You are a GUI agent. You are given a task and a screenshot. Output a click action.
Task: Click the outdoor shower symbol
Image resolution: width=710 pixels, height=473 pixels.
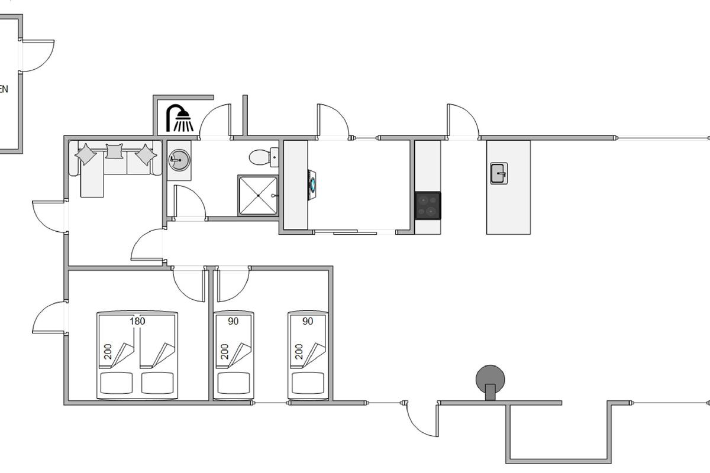tap(180, 118)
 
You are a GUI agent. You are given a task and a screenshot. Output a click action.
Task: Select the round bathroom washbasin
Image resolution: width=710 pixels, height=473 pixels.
tap(178, 159)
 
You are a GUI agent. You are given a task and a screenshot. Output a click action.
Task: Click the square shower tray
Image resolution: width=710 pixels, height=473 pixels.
tap(258, 195)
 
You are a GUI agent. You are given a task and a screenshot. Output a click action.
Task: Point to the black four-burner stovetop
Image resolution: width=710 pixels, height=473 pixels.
tap(428, 205)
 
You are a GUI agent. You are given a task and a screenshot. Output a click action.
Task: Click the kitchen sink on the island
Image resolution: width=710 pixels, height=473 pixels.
tap(499, 173)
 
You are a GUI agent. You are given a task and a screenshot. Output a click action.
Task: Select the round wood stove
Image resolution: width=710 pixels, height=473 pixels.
tap(490, 379)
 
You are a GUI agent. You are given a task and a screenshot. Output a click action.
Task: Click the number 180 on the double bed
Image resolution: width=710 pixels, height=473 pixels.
tap(137, 321)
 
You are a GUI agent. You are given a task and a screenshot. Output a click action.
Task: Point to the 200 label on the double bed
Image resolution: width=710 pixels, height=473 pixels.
tap(108, 351)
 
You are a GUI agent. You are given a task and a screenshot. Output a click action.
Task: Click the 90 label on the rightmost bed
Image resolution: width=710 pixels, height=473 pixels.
tap(308, 321)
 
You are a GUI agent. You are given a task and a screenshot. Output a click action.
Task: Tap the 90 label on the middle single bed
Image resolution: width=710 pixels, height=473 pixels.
tap(233, 321)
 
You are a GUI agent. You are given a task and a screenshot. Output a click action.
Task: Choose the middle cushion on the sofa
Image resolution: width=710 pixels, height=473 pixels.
tap(114, 151)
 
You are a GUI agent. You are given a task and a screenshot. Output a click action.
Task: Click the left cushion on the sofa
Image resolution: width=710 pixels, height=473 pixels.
tap(86, 154)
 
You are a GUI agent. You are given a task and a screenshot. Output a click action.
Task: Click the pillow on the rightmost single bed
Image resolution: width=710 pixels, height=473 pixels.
tap(307, 383)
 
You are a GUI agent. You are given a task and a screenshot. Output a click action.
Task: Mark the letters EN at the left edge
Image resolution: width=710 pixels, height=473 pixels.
tap(4, 90)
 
